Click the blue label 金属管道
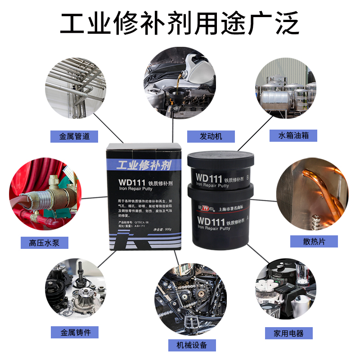(x=75, y=136)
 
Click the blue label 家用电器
(x=288, y=333)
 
